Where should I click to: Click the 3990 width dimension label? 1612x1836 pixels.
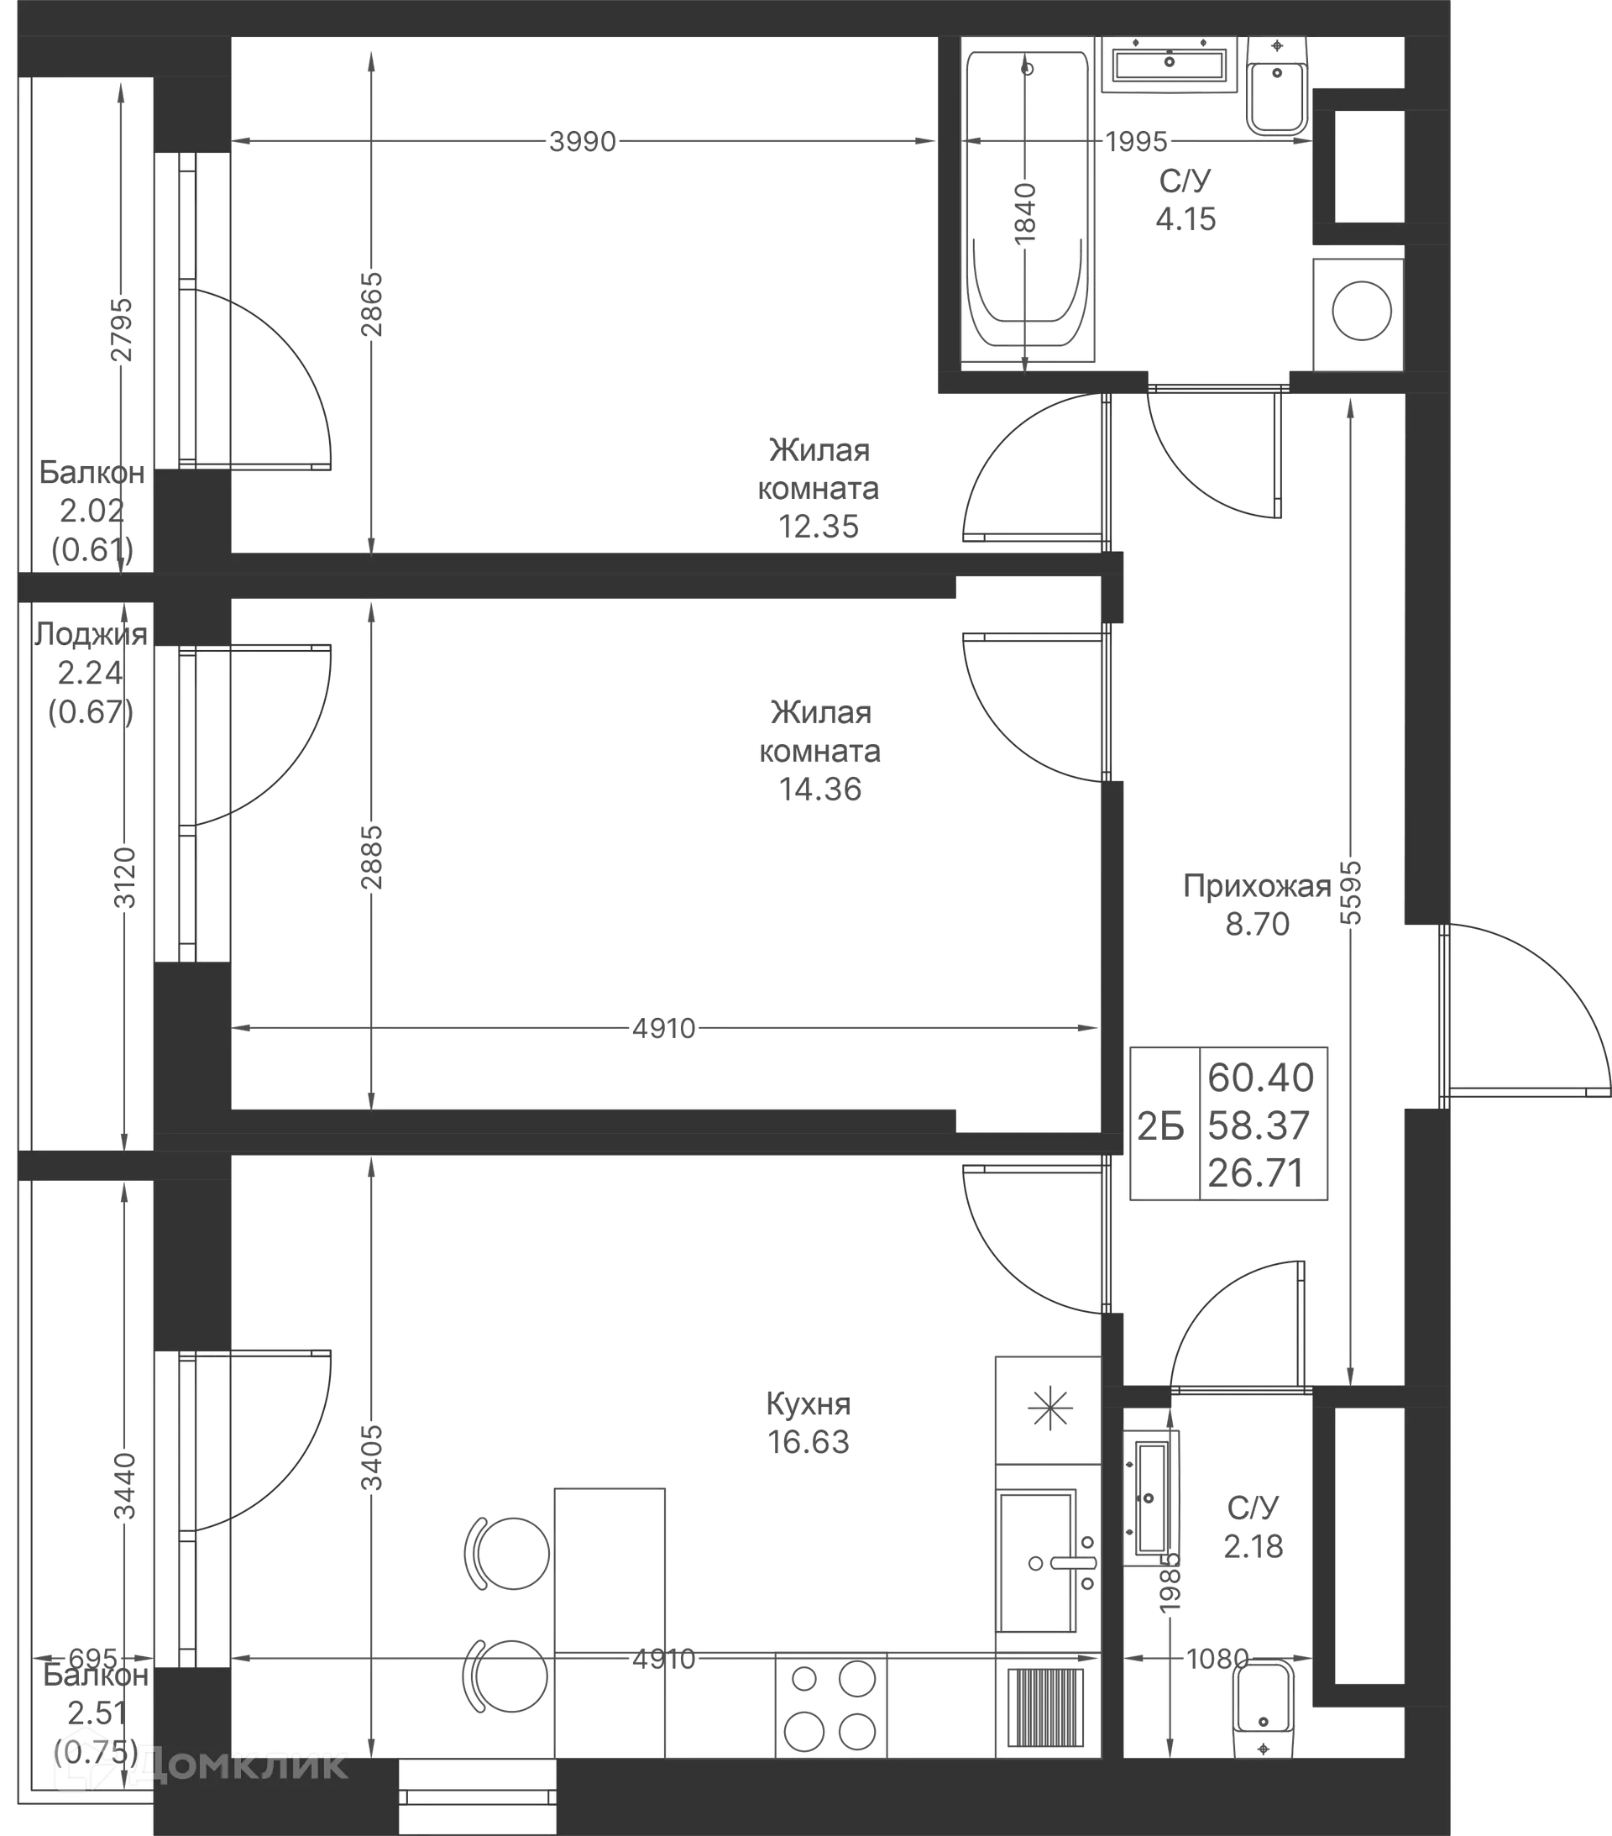click(583, 142)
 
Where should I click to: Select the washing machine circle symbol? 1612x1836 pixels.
click(1362, 311)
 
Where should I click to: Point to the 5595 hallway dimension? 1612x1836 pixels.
click(1351, 893)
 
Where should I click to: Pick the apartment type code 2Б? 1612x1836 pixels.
click(1161, 1126)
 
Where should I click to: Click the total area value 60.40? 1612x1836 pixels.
click(1260, 1078)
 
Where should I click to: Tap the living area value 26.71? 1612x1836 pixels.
click(1255, 1173)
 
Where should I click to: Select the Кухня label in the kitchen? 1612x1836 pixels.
click(809, 1403)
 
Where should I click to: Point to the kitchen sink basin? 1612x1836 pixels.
click(1036, 1561)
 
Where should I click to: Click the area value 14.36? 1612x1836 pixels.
click(820, 789)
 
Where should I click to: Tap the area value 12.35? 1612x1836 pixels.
click(818, 527)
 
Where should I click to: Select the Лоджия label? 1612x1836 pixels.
click(91, 634)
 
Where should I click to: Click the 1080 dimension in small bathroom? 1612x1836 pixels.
click(1217, 1658)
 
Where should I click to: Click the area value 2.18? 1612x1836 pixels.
click(1253, 1546)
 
